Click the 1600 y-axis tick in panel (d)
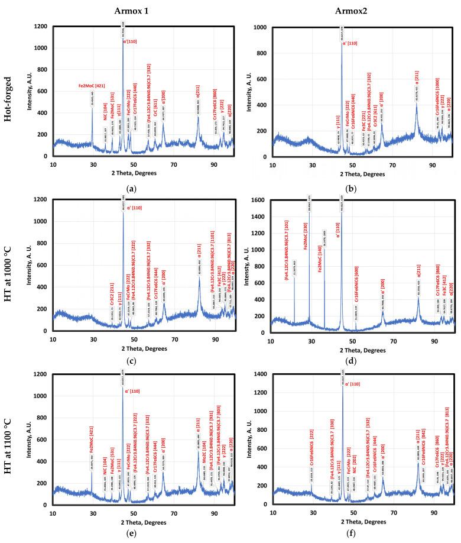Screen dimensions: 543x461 tap(259, 200)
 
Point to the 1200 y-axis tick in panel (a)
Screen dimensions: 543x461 tap(40, 27)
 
